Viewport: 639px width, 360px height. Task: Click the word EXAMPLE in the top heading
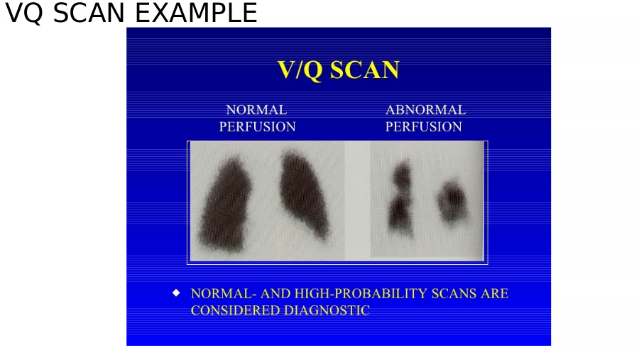(196, 13)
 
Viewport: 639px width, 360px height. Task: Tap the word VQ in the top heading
(23, 13)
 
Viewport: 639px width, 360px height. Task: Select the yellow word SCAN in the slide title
(364, 70)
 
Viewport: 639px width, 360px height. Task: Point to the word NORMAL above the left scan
(256, 109)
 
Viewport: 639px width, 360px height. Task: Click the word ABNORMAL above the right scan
(425, 109)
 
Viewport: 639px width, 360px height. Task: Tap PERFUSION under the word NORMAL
(257, 127)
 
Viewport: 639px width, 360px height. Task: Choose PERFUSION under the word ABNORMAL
(423, 127)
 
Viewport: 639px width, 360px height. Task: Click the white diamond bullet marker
(176, 293)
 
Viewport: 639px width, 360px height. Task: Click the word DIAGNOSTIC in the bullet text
(327, 310)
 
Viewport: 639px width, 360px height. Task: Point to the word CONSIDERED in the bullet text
(235, 310)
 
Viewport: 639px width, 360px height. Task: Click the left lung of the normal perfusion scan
(225, 204)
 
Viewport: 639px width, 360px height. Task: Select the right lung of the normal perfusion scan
(304, 194)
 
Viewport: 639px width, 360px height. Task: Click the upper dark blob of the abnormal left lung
(403, 175)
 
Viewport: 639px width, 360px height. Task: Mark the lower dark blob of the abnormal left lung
(400, 214)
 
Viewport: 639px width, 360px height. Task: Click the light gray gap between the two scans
(357, 200)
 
